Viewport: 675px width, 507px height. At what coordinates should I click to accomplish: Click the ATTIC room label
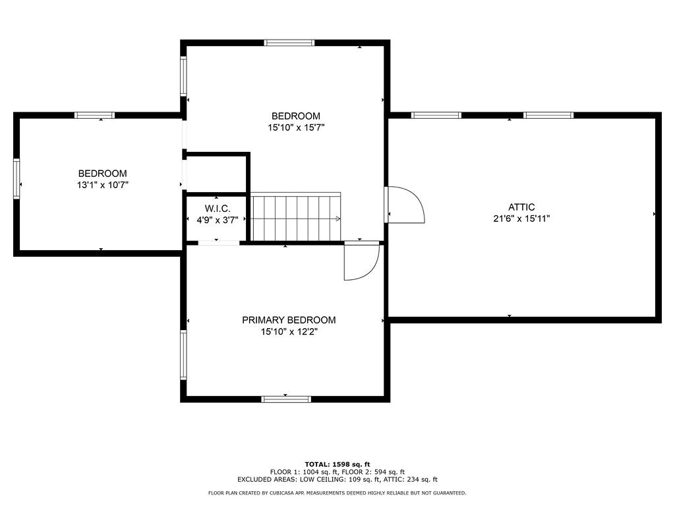tap(521, 207)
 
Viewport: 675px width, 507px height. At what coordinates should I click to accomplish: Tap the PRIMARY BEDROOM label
tap(289, 320)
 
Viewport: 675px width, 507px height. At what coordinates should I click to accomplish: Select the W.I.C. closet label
tap(217, 208)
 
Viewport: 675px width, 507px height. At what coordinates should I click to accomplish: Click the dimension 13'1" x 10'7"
tap(102, 186)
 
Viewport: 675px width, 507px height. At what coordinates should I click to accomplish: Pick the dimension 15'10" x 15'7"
tap(296, 127)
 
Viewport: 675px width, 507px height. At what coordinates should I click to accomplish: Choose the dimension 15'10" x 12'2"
tap(289, 332)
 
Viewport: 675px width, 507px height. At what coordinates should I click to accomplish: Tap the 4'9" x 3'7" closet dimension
tap(217, 220)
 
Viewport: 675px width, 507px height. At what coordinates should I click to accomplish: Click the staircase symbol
tap(295, 218)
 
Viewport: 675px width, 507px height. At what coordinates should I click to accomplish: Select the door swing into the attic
tap(405, 205)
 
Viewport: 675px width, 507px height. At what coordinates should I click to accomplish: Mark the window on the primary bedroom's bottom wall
tap(286, 399)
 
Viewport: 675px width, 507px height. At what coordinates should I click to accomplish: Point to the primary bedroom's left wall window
tap(184, 355)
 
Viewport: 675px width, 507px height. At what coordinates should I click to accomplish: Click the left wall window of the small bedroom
tap(16, 178)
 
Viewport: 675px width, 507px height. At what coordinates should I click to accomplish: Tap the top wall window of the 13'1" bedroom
tap(94, 115)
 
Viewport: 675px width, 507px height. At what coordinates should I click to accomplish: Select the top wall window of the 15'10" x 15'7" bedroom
tap(289, 43)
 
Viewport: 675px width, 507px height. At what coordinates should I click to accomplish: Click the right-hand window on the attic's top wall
tap(548, 115)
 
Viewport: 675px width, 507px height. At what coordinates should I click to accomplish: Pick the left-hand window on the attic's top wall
tap(436, 115)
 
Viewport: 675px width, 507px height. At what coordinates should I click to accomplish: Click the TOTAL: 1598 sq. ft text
tap(337, 464)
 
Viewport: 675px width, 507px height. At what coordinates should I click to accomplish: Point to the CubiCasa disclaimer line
tap(337, 493)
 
